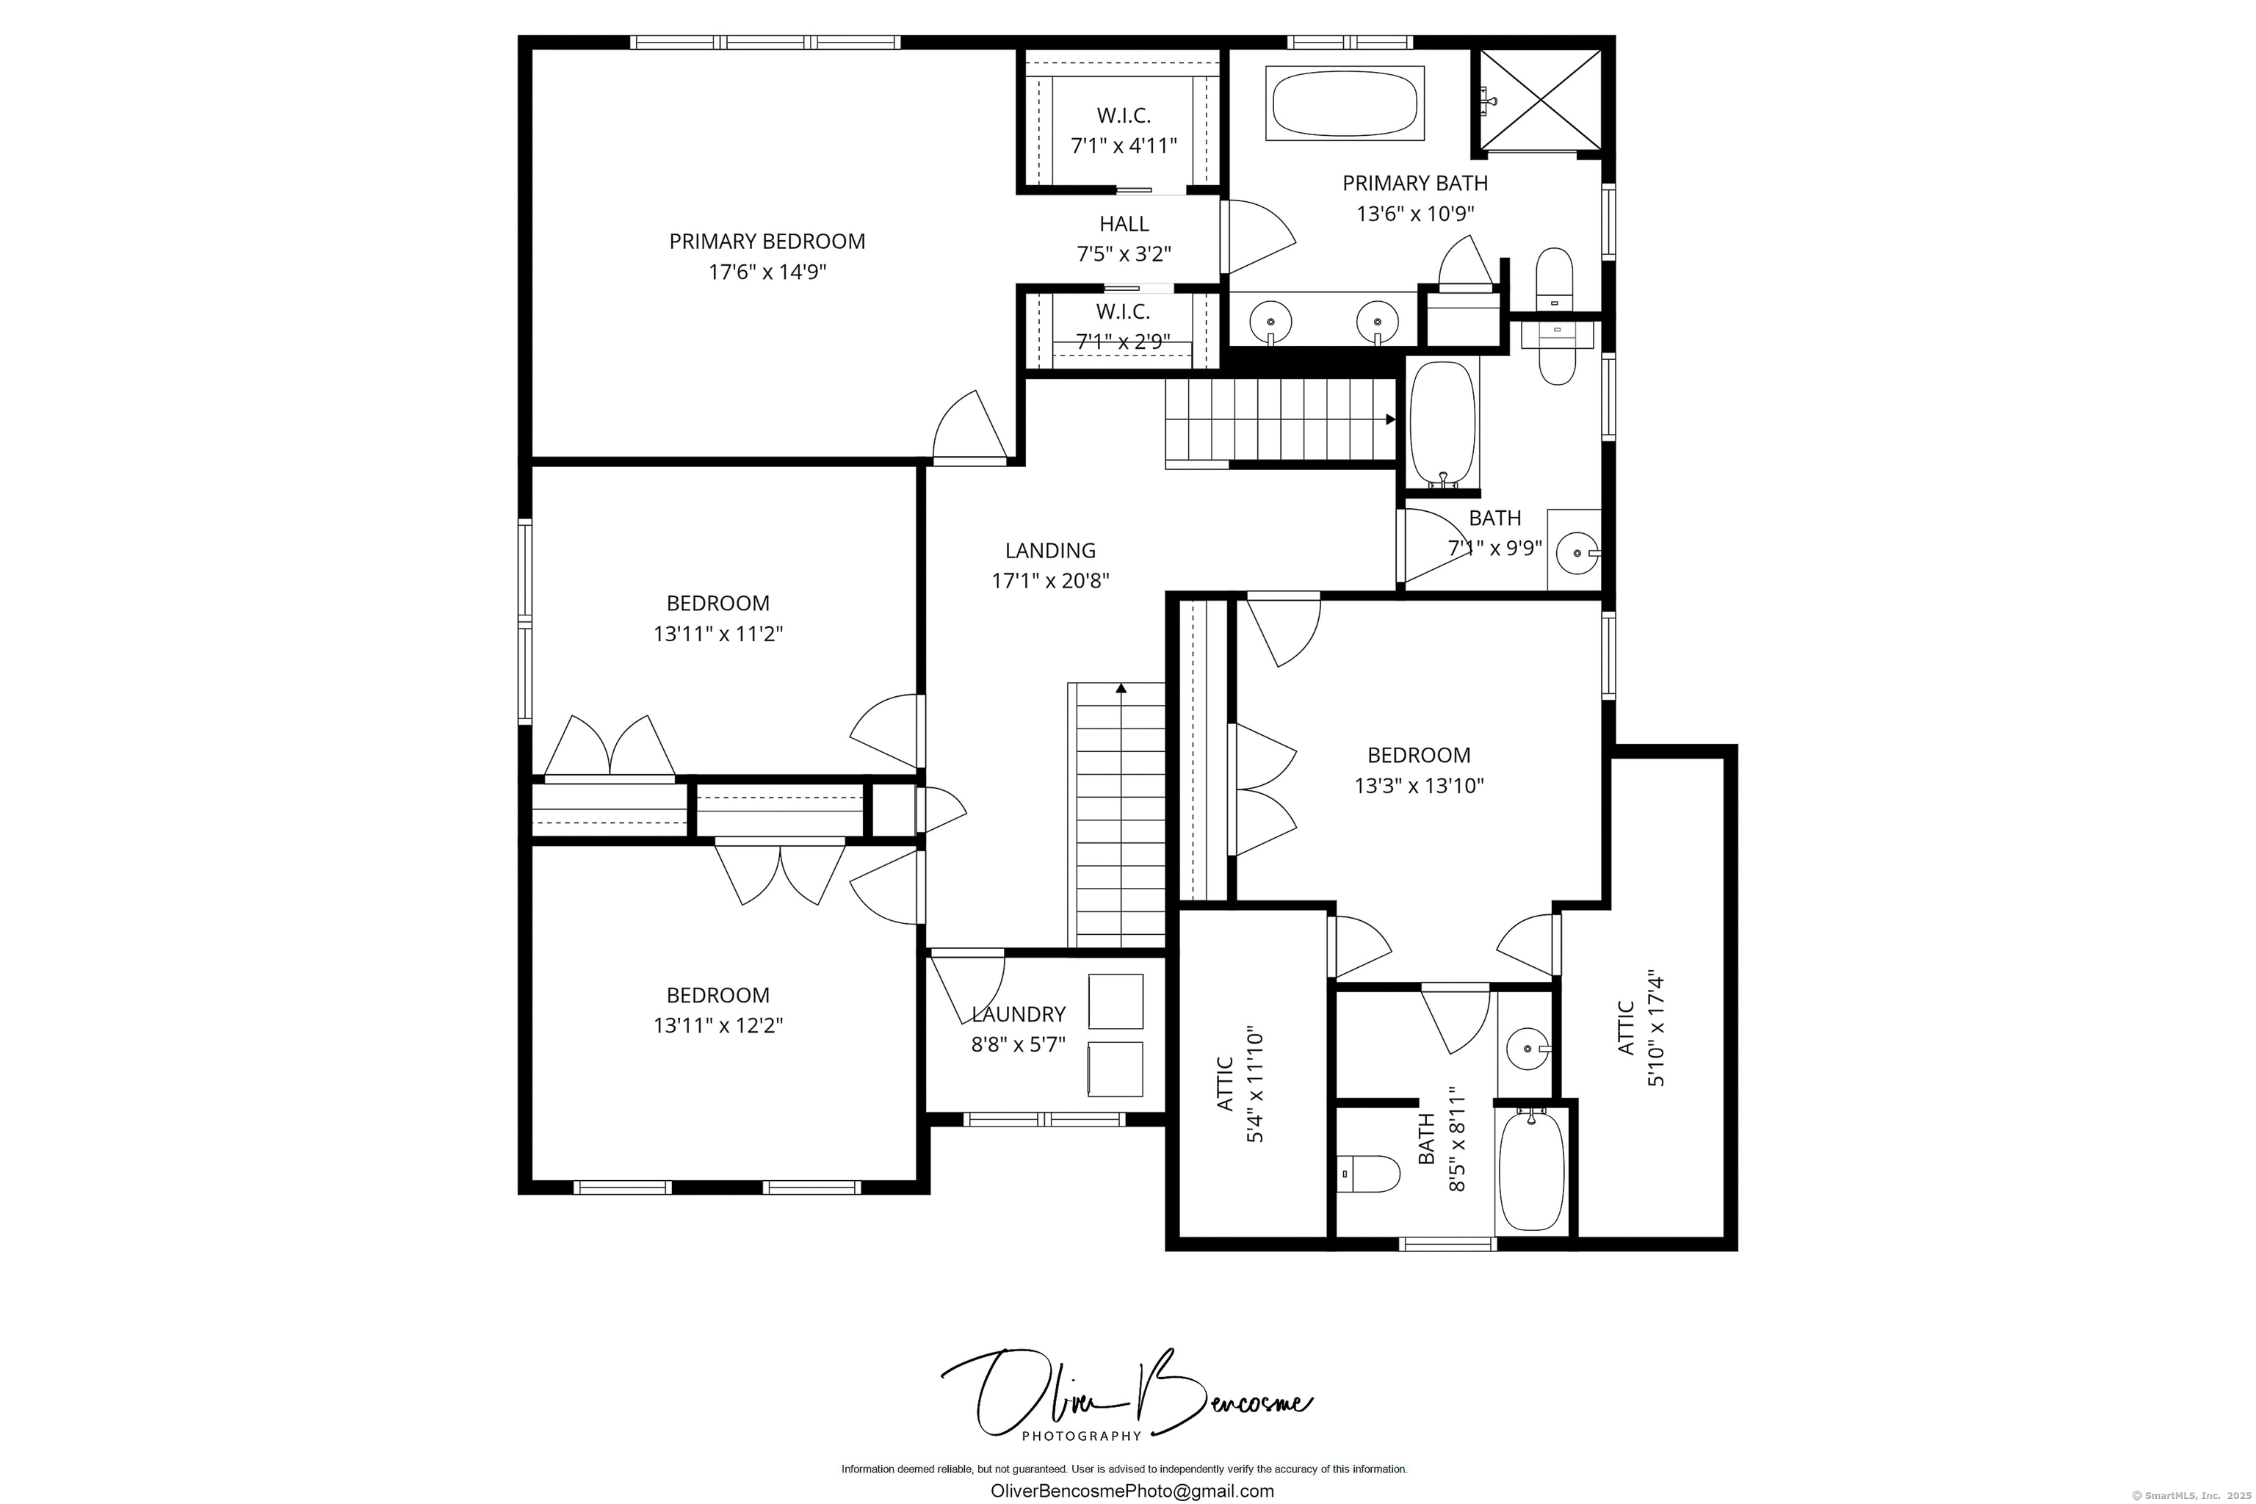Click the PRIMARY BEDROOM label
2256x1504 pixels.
(x=767, y=242)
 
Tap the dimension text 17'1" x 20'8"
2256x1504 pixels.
(x=1050, y=580)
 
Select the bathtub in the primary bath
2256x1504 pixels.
(x=1344, y=103)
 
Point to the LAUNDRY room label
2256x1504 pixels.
(x=1018, y=1015)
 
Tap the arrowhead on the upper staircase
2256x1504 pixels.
(x=1390, y=419)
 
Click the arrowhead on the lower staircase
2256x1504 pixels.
(x=1121, y=687)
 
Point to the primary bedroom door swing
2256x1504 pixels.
(x=969, y=429)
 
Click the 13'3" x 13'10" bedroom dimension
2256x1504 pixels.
(x=1419, y=786)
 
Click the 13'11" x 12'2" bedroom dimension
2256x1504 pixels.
(x=717, y=1025)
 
